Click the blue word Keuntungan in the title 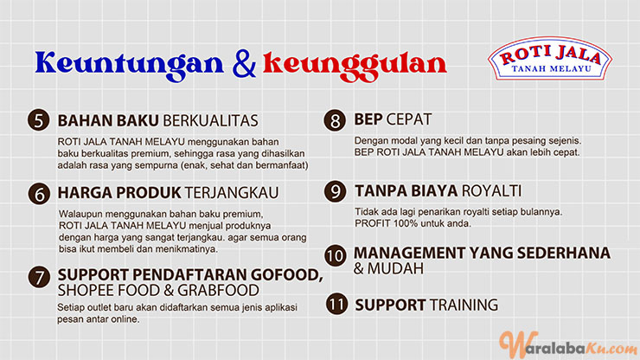[130, 64]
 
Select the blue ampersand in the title [244, 63]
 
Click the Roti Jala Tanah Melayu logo [550, 59]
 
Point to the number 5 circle [39, 120]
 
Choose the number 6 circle [39, 193]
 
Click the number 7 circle [39, 278]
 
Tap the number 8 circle [335, 120]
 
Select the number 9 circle [335, 191]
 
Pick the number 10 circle [336, 256]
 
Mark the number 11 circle [336, 304]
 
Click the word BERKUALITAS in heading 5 [211, 121]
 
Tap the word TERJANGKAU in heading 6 [232, 193]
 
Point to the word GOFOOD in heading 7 [286, 275]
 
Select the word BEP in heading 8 [368, 119]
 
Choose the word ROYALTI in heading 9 [491, 191]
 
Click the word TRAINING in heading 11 [464, 305]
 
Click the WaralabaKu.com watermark [569, 345]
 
